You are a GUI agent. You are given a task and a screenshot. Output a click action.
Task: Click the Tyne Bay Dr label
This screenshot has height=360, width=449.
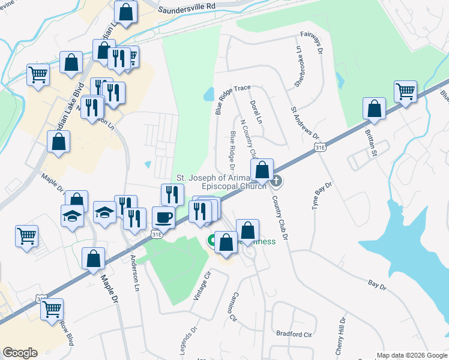point(322,196)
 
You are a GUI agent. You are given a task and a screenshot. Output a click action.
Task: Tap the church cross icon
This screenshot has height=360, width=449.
point(277,180)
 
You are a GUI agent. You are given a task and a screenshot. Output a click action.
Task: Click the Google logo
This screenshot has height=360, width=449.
point(20,353)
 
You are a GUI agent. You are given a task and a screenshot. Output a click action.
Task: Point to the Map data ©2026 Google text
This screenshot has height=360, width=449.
point(412,355)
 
